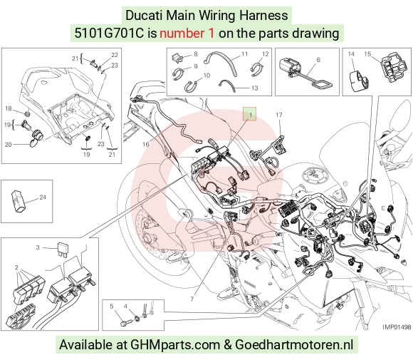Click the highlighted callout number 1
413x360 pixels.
pos(251,115)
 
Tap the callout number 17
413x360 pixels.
pos(279,115)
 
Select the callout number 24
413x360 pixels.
pos(43,197)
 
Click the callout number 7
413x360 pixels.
pos(192,299)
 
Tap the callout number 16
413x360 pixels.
pos(146,144)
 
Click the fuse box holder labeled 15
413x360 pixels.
pos(393,67)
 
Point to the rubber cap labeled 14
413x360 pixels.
pos(357,81)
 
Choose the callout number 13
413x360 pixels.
pos(255,88)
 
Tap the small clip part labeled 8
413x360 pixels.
pos(177,58)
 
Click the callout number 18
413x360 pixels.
pos(8,108)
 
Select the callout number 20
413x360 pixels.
pos(8,144)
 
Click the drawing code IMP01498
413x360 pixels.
pos(397,326)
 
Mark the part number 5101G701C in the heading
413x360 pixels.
pos(109,34)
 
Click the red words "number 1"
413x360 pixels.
pos(187,34)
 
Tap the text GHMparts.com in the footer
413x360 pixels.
pos(175,345)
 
